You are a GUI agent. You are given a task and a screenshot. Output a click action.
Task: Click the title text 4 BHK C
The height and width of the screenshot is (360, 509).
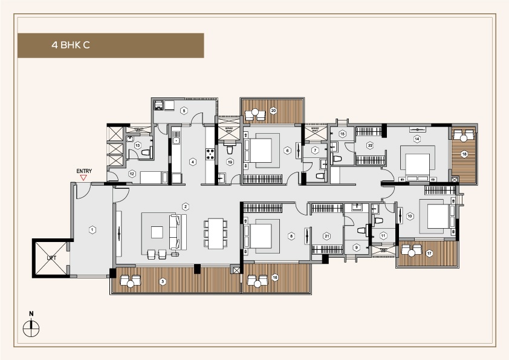[x=71, y=45]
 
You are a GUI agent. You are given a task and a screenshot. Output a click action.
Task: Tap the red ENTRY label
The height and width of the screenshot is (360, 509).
[x=83, y=171]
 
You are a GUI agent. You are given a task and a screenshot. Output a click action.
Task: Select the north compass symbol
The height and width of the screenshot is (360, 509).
[x=31, y=327]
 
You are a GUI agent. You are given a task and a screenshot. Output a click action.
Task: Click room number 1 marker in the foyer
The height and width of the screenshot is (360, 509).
[x=92, y=229]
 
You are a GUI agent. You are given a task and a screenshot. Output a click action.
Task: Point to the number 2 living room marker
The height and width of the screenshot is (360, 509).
[x=186, y=206]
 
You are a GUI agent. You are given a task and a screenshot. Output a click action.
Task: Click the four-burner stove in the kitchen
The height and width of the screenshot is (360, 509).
[x=212, y=154]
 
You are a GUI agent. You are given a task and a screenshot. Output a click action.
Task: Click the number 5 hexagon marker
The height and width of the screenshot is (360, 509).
[x=184, y=111]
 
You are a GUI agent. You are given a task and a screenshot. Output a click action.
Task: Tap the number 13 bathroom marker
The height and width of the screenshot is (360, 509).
[x=138, y=146]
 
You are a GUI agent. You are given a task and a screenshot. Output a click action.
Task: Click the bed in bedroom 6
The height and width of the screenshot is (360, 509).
[x=261, y=150]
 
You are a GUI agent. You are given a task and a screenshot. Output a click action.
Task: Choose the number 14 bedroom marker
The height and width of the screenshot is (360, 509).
[x=417, y=139]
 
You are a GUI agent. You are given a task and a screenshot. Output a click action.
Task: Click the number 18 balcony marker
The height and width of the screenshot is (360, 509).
[x=464, y=155]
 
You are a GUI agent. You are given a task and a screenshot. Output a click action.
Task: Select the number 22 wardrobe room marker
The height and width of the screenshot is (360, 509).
[x=370, y=145]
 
